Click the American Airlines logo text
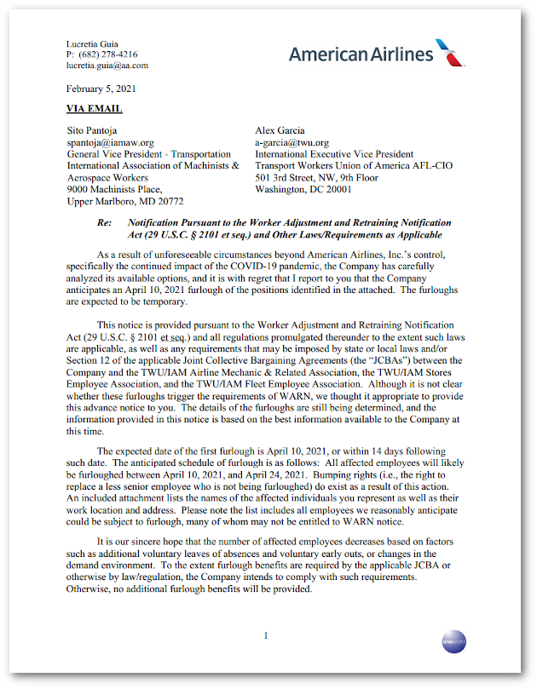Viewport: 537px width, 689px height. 361,54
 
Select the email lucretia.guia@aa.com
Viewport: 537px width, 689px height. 107,65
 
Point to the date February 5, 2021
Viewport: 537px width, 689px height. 101,88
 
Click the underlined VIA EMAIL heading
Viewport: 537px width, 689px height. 94,108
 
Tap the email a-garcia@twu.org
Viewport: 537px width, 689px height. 292,142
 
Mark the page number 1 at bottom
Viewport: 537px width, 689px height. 266,635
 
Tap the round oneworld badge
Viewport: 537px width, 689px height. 453,641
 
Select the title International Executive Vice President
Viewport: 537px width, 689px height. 334,154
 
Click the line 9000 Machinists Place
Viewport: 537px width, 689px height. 114,189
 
